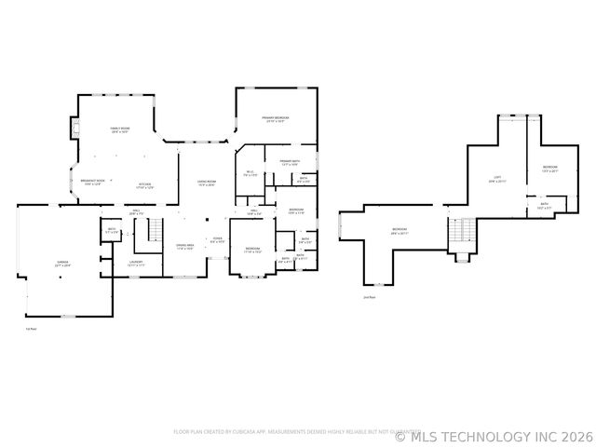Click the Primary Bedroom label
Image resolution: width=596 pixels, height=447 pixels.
click(x=275, y=119)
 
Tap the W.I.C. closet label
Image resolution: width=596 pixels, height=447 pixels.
click(x=251, y=173)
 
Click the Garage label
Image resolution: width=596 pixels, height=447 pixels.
click(x=62, y=264)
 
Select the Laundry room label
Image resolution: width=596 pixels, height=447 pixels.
click(x=136, y=264)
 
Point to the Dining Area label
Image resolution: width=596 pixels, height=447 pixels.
click(x=184, y=248)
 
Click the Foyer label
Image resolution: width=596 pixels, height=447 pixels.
click(x=216, y=240)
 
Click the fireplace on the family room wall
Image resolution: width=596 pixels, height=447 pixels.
click(x=73, y=128)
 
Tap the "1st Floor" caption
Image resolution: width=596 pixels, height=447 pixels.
click(x=31, y=328)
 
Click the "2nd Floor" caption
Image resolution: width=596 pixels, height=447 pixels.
click(x=370, y=297)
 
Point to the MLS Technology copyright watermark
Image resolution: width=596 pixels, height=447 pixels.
click(x=494, y=435)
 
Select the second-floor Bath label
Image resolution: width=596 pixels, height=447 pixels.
click(x=544, y=207)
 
